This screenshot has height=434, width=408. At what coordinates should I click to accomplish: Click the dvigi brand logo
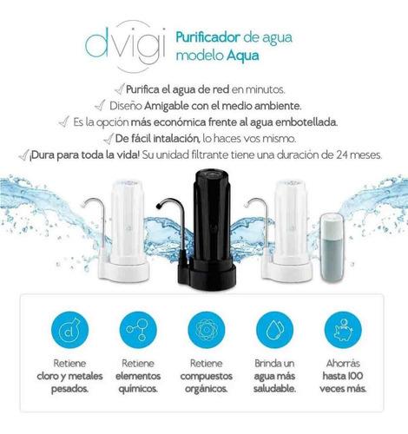(126, 46)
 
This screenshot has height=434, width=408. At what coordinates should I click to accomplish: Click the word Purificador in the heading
(208, 37)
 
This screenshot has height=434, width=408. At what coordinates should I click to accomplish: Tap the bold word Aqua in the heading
(242, 56)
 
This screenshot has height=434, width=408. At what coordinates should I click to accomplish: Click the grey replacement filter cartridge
(332, 248)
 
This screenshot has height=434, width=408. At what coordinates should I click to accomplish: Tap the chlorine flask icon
(69, 330)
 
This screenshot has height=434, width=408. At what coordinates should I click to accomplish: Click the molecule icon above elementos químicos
(138, 330)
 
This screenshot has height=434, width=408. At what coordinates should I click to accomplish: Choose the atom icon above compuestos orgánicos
(207, 330)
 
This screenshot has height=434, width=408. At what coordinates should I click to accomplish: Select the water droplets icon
(274, 330)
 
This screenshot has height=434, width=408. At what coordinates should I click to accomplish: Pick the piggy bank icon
(343, 330)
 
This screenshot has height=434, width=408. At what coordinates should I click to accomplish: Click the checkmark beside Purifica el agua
(120, 89)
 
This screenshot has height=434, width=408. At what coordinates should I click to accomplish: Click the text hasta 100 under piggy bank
(343, 376)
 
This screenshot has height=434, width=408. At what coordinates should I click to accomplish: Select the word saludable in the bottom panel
(274, 389)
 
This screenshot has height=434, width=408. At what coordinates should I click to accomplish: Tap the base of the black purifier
(207, 274)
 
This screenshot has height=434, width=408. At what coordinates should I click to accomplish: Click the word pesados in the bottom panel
(69, 389)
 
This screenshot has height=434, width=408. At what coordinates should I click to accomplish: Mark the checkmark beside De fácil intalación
(109, 139)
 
